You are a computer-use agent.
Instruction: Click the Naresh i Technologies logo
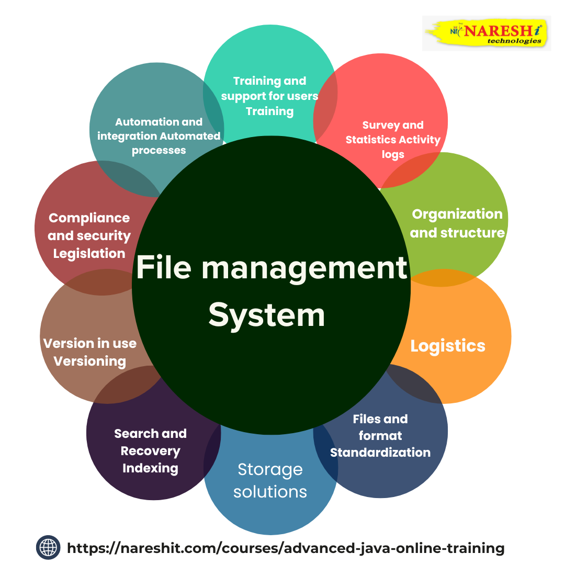tap(487, 33)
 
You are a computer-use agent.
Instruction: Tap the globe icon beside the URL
tap(49, 548)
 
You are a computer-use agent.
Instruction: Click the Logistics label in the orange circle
tap(448, 346)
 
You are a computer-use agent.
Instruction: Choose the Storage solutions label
tap(270, 480)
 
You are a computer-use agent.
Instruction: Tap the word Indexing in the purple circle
tap(150, 468)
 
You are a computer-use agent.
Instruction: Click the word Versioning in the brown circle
tap(90, 361)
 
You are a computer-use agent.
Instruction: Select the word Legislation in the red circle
tap(89, 254)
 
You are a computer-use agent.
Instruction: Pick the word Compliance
tap(89, 218)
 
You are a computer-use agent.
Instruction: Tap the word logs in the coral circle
tap(393, 154)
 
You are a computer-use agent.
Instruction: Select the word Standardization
tap(380, 452)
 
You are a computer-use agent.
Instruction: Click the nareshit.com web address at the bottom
tap(286, 548)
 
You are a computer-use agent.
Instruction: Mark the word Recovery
tap(150, 451)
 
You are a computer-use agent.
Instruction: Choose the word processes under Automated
tap(159, 150)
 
